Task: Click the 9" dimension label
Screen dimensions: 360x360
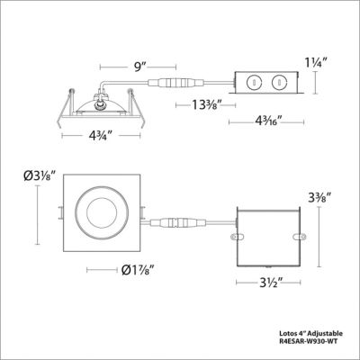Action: [x=127, y=66]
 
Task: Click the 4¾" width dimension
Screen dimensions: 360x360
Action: [x=100, y=138]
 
